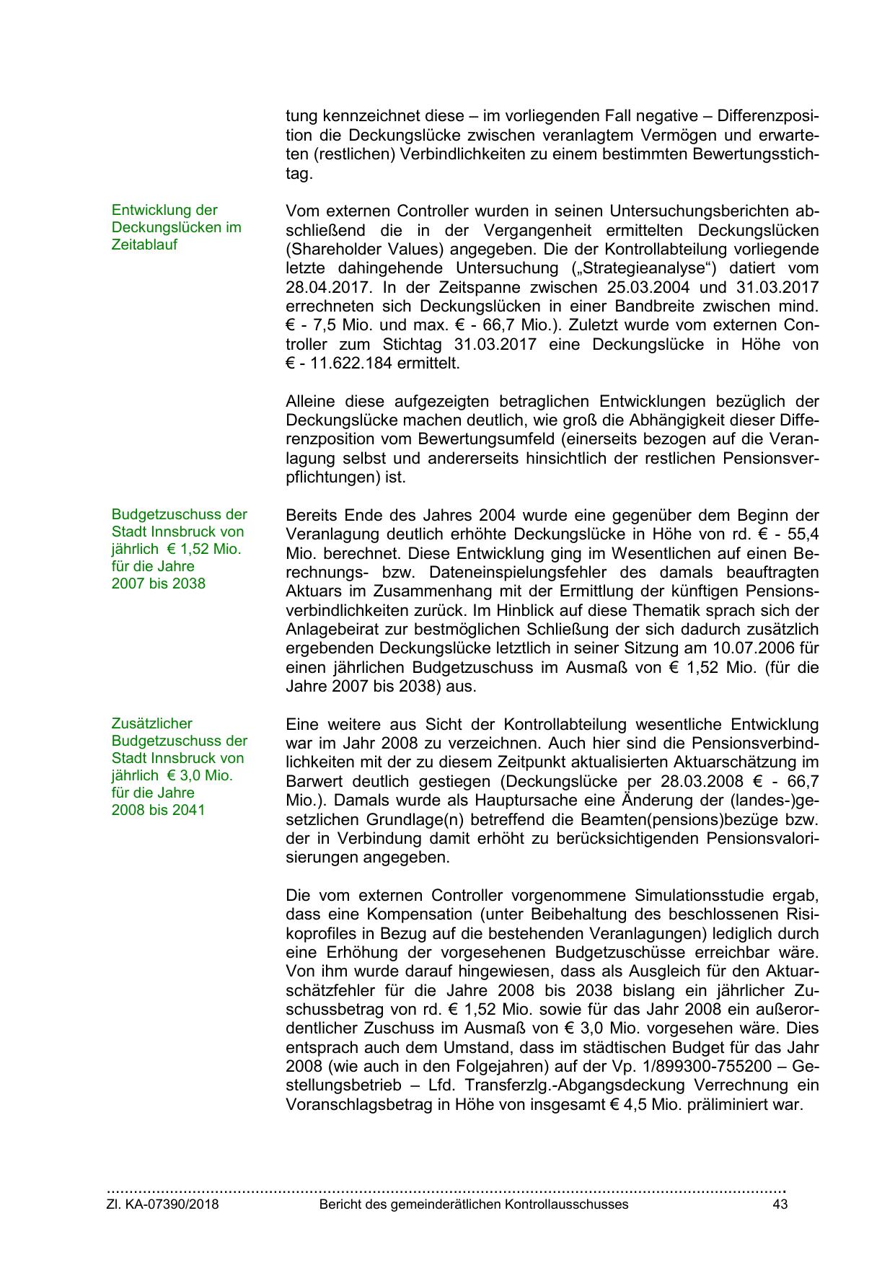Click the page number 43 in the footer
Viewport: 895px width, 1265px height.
tap(780, 1204)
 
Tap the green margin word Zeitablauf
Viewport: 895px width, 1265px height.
tap(144, 244)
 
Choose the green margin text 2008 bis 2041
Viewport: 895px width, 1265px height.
tap(159, 810)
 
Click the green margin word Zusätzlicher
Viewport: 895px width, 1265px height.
tap(152, 723)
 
